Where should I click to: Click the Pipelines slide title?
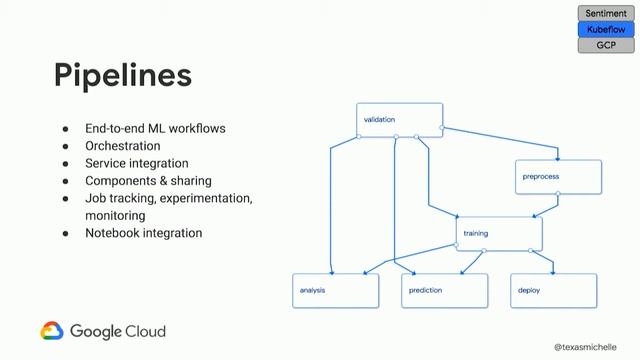coord(122,76)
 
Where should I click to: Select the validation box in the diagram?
coord(399,119)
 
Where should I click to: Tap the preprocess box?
coord(558,177)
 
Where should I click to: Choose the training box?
coord(499,233)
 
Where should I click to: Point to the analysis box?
coord(336,290)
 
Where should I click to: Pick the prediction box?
coord(445,290)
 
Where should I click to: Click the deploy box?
coord(553,290)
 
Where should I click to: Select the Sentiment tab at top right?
coord(606,14)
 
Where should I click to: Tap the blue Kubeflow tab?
coord(606,30)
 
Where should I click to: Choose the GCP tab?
coord(606,46)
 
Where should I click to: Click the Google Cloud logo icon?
coord(52,331)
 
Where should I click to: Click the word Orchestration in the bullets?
coord(122,146)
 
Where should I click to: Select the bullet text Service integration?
coord(136,163)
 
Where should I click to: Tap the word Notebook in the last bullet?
coord(111,233)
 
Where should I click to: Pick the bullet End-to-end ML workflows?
coord(155,129)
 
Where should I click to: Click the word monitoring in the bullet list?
coord(115,215)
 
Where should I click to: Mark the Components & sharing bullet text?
coord(148,181)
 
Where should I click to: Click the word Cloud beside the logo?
coord(144,331)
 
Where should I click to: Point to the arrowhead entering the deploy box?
coord(553,271)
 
